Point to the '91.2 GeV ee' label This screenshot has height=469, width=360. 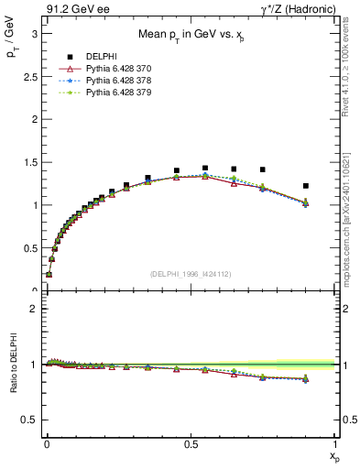pos(71,11)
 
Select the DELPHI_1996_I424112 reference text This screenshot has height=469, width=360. pos(190,273)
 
